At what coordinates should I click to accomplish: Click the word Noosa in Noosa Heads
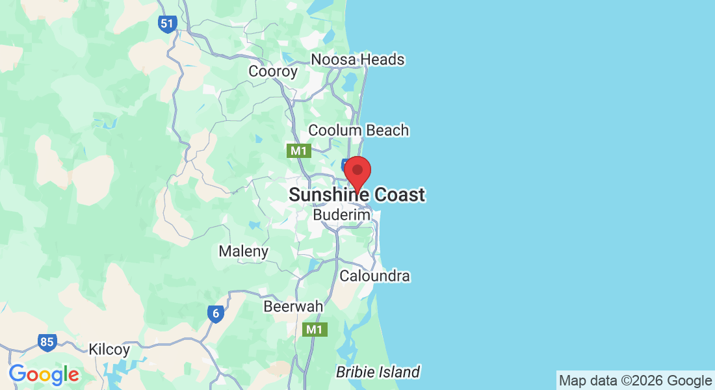click(334, 60)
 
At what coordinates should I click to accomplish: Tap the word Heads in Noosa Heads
click(382, 60)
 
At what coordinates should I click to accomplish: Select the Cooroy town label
click(273, 71)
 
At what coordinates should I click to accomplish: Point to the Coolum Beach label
click(358, 130)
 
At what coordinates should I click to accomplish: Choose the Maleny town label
click(243, 251)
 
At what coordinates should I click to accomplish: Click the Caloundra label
click(375, 276)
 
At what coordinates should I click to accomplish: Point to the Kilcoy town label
click(109, 349)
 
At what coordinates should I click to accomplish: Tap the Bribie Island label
click(378, 372)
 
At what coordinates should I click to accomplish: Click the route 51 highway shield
click(167, 25)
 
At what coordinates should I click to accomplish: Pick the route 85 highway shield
click(47, 343)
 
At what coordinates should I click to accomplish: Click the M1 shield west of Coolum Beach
click(299, 151)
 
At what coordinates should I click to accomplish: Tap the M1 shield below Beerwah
click(315, 330)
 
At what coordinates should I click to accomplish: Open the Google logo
click(44, 374)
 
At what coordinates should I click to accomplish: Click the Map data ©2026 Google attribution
click(635, 380)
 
